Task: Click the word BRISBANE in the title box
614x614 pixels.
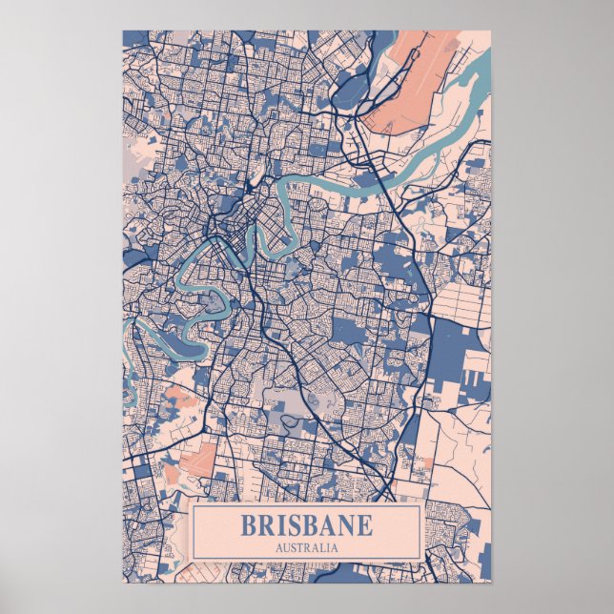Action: click(306, 525)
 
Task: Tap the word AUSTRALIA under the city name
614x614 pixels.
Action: click(306, 547)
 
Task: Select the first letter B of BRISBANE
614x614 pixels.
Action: click(249, 525)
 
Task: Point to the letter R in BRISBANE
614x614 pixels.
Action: click(267, 525)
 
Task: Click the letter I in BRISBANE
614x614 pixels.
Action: click(281, 525)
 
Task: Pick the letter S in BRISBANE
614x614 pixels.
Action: click(294, 525)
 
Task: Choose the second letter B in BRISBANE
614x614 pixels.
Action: click(310, 525)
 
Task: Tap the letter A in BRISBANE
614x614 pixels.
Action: click(327, 525)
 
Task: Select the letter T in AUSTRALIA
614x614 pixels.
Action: click(298, 547)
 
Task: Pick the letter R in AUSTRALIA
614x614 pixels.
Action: click(306, 547)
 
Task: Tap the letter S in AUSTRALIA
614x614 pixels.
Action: click(292, 547)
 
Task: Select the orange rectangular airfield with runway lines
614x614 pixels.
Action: click(197, 460)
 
